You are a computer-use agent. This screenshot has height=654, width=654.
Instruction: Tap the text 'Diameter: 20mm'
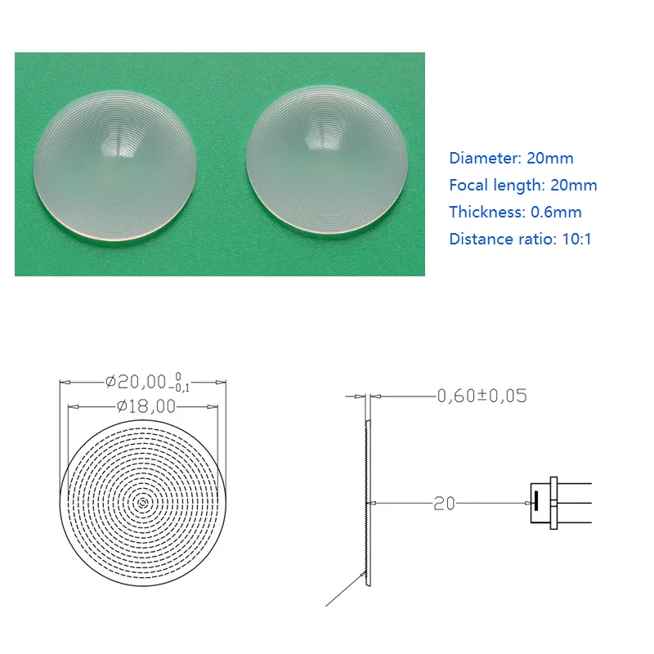point(511,158)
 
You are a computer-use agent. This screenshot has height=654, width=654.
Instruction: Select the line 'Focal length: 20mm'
point(523,185)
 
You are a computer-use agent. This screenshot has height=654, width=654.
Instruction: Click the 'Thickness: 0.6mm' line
point(515,212)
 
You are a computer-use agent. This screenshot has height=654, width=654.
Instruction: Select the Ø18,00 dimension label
point(146,405)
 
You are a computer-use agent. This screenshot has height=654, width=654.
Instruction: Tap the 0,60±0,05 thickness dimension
point(482,396)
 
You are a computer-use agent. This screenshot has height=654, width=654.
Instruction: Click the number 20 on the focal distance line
point(444,504)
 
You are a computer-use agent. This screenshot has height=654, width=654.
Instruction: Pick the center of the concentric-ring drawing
point(143,502)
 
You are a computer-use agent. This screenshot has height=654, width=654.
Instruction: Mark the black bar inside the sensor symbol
point(536,501)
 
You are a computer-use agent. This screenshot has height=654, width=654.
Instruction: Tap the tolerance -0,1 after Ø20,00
point(181,387)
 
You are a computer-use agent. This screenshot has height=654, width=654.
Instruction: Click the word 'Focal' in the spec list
point(469,185)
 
